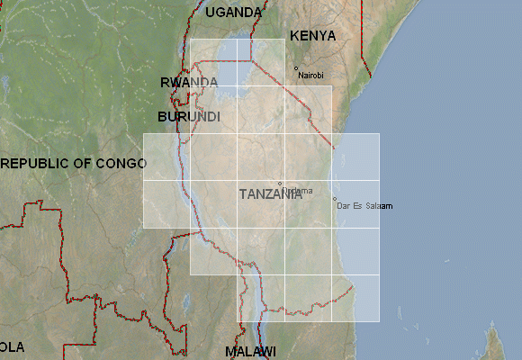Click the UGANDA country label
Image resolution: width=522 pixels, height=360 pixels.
pos(234,13)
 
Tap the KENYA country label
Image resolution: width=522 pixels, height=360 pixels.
pos(312,36)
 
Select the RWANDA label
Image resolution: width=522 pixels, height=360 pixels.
pos(188,82)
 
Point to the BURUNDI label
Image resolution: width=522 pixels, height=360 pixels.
pos(188,117)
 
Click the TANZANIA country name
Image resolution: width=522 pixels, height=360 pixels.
pos(270,193)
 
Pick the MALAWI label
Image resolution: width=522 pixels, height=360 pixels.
pos(250,351)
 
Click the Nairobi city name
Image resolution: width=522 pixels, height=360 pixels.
pos(310,76)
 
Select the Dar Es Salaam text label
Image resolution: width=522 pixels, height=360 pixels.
pos(365,207)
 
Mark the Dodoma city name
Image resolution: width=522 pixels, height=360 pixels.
pos(299,190)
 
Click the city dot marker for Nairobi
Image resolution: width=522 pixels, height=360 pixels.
pos(296,68)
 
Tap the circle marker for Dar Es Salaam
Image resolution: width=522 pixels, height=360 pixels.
pos(335,199)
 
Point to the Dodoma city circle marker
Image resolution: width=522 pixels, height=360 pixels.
pos(280,184)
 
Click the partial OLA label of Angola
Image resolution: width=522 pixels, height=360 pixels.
pos(12,346)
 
